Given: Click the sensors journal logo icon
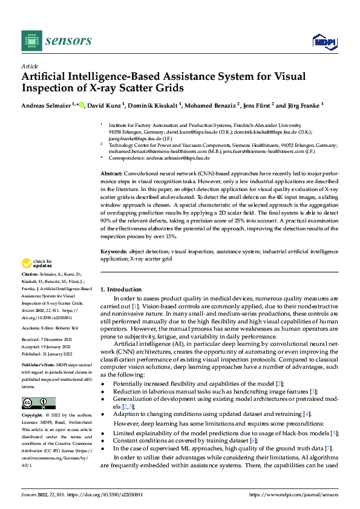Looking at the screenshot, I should click(x=30, y=41).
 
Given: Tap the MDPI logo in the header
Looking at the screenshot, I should click(x=325, y=41).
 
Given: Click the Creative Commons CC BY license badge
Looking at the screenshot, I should click(x=38, y=403).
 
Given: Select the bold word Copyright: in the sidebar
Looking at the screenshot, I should click(x=33, y=415).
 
